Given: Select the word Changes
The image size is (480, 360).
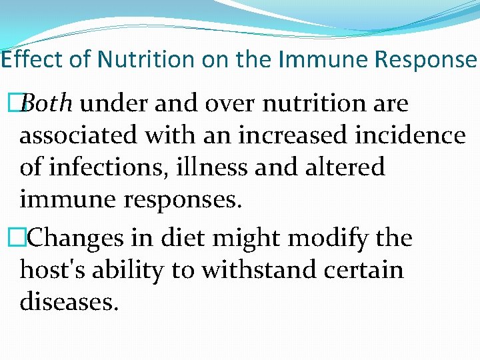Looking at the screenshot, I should [x=73, y=237].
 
